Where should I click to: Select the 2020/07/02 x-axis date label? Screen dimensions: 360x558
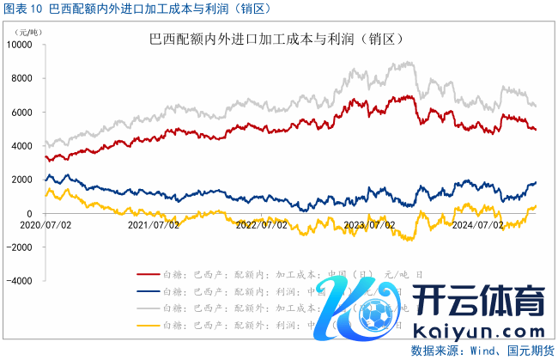click(45, 225)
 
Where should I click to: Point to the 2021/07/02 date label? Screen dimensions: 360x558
click(154, 225)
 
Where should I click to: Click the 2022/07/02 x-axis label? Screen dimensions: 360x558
click(262, 225)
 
